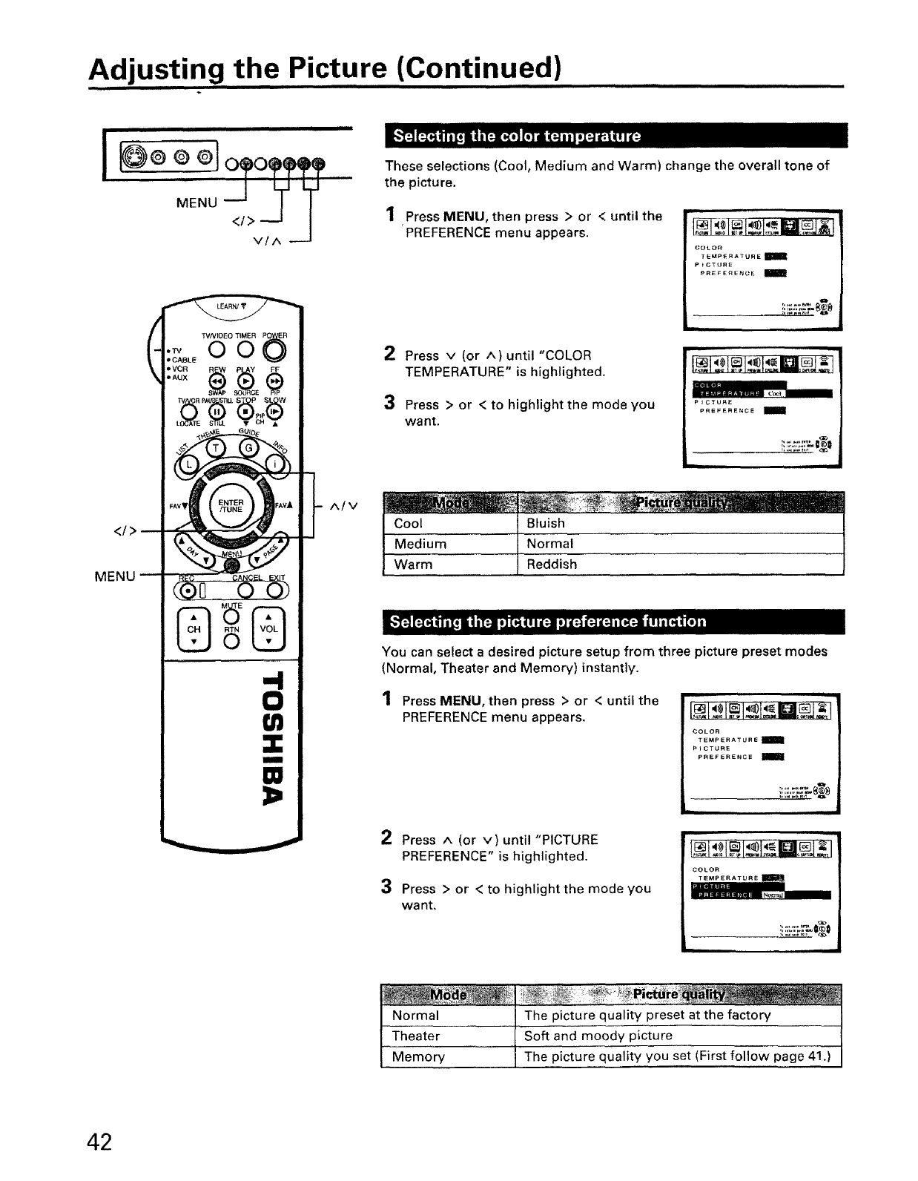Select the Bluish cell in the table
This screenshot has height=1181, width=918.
click(546, 524)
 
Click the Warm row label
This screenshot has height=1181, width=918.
click(414, 565)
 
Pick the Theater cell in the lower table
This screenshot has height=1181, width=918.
click(416, 1036)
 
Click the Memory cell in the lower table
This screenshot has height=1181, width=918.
click(418, 1056)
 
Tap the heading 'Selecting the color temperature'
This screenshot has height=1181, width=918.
click(517, 136)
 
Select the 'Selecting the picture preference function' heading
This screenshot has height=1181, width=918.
click(548, 622)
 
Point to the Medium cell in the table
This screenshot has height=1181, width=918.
click(420, 544)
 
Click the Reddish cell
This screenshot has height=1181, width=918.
click(551, 565)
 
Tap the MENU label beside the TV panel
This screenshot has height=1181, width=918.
click(197, 203)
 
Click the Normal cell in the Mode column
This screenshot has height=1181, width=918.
click(415, 1015)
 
